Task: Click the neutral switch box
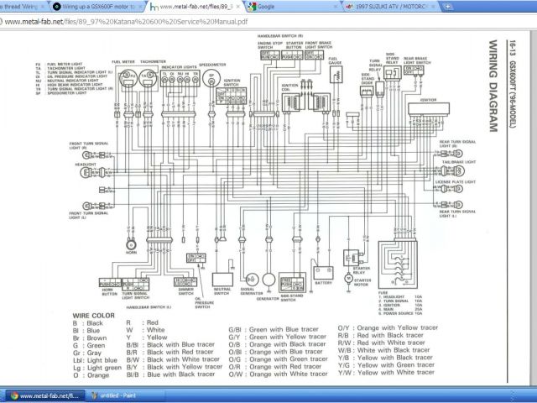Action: [223, 277]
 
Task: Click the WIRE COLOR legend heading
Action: [91, 314]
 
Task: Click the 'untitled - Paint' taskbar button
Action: [122, 395]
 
